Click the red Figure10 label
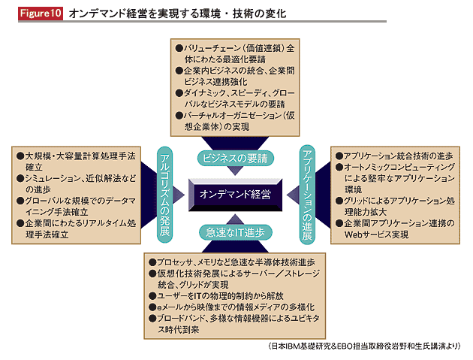[x=41, y=14]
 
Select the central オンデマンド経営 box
[x=235, y=195]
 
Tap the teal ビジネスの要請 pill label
[x=235, y=159]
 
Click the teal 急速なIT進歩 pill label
[x=235, y=232]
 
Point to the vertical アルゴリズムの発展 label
[x=164, y=195]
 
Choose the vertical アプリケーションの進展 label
[x=307, y=195]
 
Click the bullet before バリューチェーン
[x=179, y=48]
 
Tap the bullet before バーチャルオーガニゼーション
[x=179, y=116]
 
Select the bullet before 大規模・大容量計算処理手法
[x=20, y=156]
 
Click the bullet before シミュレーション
[x=20, y=178]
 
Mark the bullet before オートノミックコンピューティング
[x=339, y=167]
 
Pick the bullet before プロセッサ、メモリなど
[x=152, y=262]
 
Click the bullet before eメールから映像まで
[x=152, y=307]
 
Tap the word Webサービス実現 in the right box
[x=376, y=234]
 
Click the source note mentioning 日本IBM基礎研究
[x=364, y=346]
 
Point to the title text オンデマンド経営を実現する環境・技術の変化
[x=177, y=14]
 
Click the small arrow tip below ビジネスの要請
[x=235, y=175]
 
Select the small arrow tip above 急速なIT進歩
[x=235, y=215]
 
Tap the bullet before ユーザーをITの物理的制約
[x=152, y=296]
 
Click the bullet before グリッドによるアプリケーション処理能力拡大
[x=339, y=201]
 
